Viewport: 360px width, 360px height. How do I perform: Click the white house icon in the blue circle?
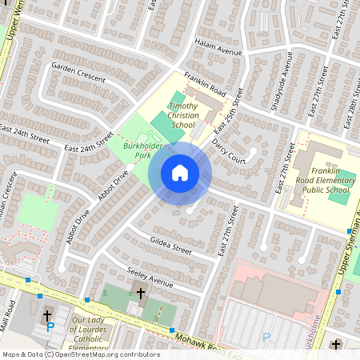click(x=180, y=173)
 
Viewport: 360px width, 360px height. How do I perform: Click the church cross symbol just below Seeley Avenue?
click(x=141, y=294)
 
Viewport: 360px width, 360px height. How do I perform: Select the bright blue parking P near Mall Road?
click(x=50, y=327)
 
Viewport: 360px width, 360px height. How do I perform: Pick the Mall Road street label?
click(x=11, y=319)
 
